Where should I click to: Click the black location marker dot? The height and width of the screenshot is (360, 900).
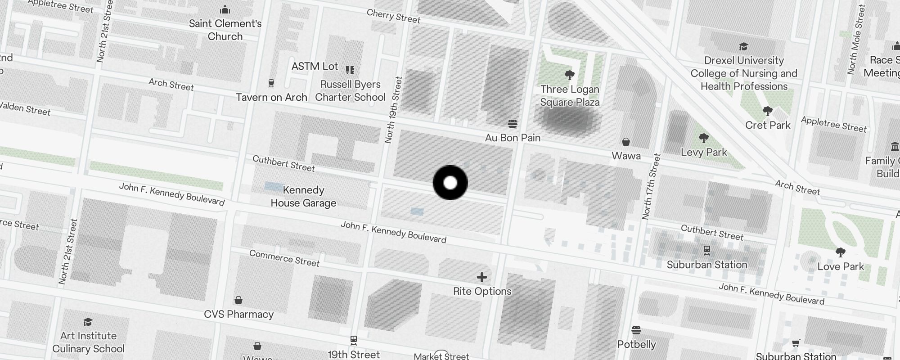coord(450,183)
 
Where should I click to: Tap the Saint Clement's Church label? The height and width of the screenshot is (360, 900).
coord(225,30)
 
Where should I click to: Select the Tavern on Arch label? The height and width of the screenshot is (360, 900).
coord(271,97)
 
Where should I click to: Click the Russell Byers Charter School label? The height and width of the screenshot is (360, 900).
coord(350,90)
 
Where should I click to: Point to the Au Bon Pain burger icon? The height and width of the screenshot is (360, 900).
coord(512,123)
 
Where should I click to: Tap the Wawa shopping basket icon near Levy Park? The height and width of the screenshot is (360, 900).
coord(625,142)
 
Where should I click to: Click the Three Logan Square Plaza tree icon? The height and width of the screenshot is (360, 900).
coord(569,75)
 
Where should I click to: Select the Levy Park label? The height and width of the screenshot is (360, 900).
coord(704,152)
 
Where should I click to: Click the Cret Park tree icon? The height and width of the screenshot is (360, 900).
coord(768,111)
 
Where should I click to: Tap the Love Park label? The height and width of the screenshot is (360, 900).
coord(841,266)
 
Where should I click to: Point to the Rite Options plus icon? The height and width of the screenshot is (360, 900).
coord(482,277)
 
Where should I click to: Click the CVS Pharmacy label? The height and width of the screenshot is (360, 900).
coord(238,314)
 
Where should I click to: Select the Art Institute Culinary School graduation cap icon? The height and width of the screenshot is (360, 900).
coord(88,322)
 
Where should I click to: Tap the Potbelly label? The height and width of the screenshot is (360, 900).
coord(636,344)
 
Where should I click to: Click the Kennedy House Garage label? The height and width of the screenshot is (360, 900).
coord(303,196)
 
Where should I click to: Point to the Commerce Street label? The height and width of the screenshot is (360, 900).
coord(284,258)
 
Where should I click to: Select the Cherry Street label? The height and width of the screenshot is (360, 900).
coord(393,16)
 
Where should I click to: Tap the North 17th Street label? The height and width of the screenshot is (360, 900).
coord(652,187)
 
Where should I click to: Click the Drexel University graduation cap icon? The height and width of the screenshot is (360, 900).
coord(743,46)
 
